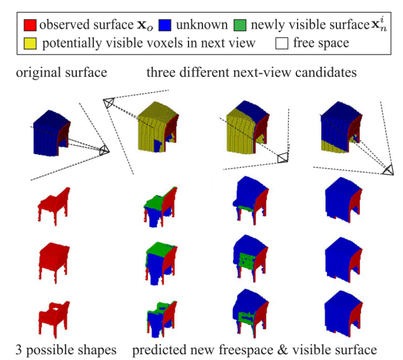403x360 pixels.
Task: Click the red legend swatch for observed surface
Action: tap(30, 25)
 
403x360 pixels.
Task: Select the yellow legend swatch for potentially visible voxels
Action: tap(30, 44)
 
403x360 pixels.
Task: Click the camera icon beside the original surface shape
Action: tap(103, 150)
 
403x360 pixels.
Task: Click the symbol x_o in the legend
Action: tap(140, 25)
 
